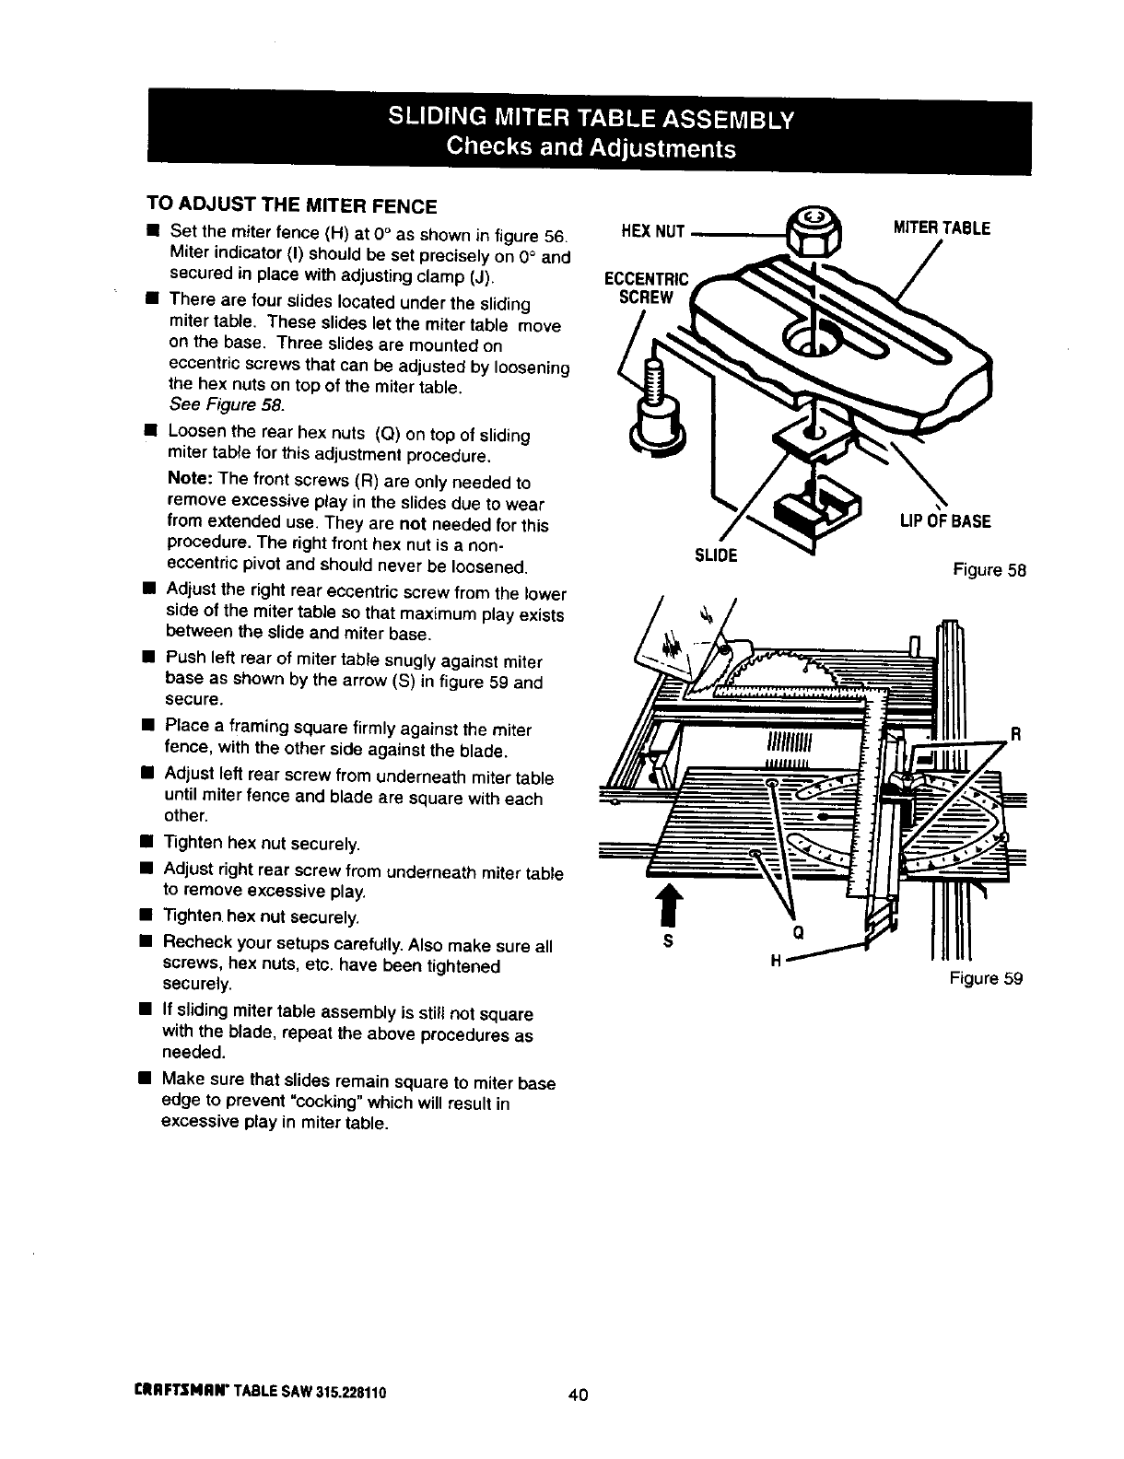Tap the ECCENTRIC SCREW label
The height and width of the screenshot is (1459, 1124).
pos(645,287)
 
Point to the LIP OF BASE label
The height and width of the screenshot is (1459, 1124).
pos(945,521)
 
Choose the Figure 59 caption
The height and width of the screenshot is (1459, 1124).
pos(986,978)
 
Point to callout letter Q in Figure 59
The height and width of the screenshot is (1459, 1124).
pos(799,931)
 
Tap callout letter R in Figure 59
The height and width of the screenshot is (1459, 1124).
pos(1016,735)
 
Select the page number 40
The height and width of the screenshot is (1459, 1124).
pos(578,1395)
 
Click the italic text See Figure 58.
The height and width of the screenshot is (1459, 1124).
pos(228,406)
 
